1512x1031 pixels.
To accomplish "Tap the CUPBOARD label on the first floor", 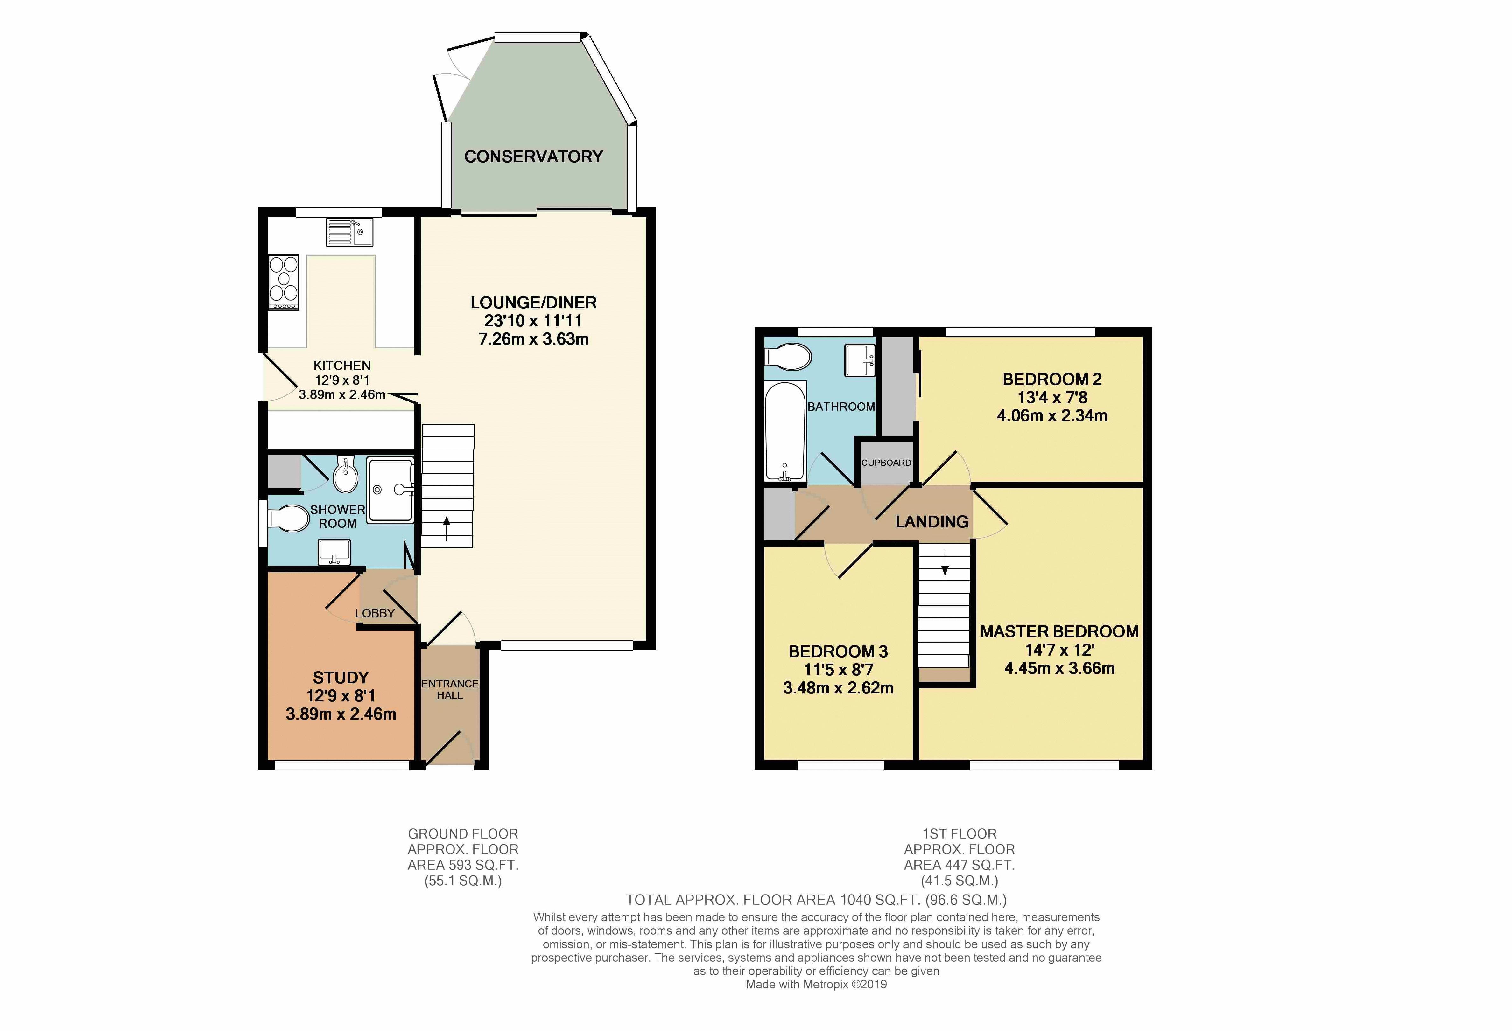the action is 886,463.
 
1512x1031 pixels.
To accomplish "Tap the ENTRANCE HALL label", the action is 450,689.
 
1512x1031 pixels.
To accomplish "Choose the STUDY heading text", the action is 341,677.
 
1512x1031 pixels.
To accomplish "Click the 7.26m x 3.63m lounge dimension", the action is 533,339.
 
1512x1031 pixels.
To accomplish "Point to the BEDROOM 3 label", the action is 838,651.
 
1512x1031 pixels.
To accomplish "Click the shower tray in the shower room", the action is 390,491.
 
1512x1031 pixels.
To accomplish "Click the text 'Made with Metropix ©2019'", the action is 816,984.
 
